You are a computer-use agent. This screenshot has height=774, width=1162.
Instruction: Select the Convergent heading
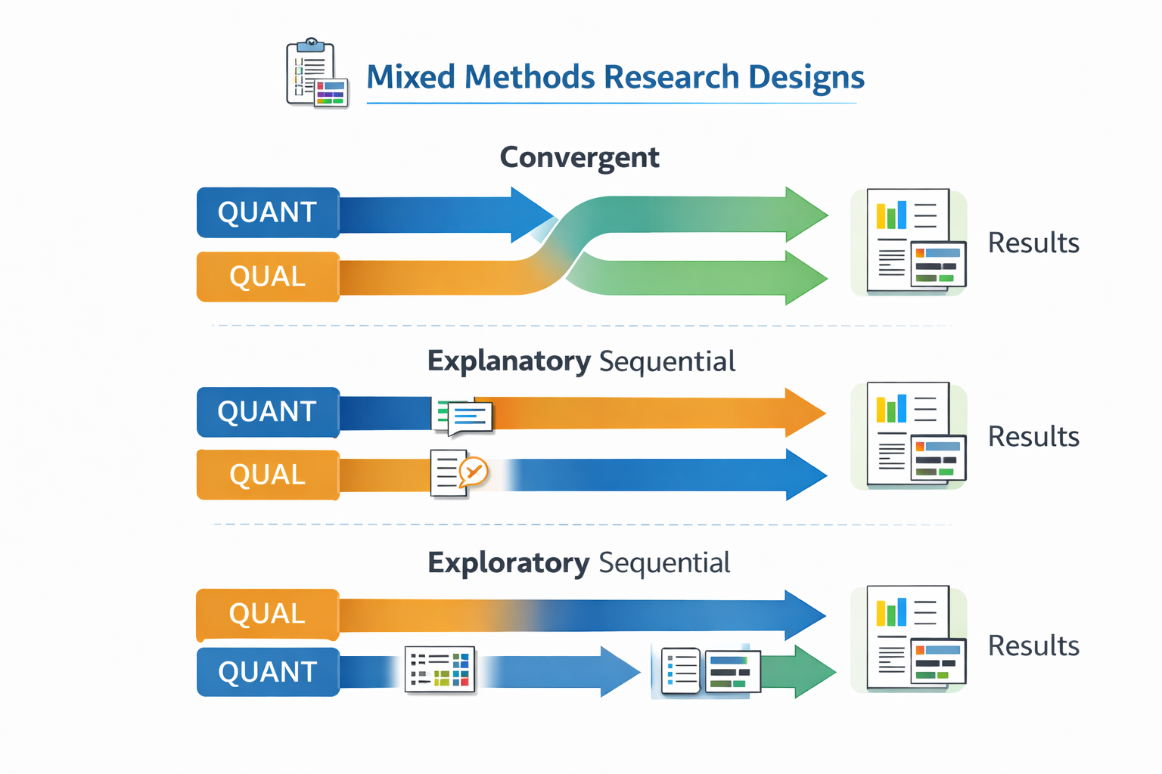pyautogui.click(x=579, y=157)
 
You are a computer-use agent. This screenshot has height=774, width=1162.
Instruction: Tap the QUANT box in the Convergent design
pyautogui.click(x=268, y=212)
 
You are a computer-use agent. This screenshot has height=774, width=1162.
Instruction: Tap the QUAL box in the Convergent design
pyautogui.click(x=268, y=277)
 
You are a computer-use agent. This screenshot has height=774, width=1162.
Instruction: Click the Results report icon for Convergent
pyautogui.click(x=909, y=241)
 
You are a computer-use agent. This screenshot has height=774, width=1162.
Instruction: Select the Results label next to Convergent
pyautogui.click(x=1033, y=243)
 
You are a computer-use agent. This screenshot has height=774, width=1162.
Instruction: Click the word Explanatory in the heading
pyautogui.click(x=508, y=361)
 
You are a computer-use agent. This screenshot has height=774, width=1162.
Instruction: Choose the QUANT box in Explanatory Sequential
pyautogui.click(x=268, y=412)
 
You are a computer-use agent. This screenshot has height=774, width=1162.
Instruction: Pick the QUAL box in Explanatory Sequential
pyautogui.click(x=268, y=475)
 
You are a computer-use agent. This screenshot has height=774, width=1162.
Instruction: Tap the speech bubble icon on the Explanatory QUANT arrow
pyautogui.click(x=464, y=416)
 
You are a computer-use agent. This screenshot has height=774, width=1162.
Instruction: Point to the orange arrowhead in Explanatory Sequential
pyautogui.click(x=805, y=413)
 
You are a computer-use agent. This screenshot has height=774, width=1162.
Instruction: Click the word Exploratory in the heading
pyautogui.click(x=508, y=563)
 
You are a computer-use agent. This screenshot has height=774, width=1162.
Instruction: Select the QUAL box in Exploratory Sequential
pyautogui.click(x=268, y=614)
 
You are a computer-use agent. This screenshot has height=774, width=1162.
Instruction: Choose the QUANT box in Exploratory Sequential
pyautogui.click(x=268, y=672)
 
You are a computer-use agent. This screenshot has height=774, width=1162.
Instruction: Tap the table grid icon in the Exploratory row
pyautogui.click(x=440, y=669)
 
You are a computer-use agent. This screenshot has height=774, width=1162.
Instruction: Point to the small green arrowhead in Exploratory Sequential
pyautogui.click(x=814, y=671)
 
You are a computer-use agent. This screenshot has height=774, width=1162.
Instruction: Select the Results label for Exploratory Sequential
pyautogui.click(x=1033, y=646)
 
